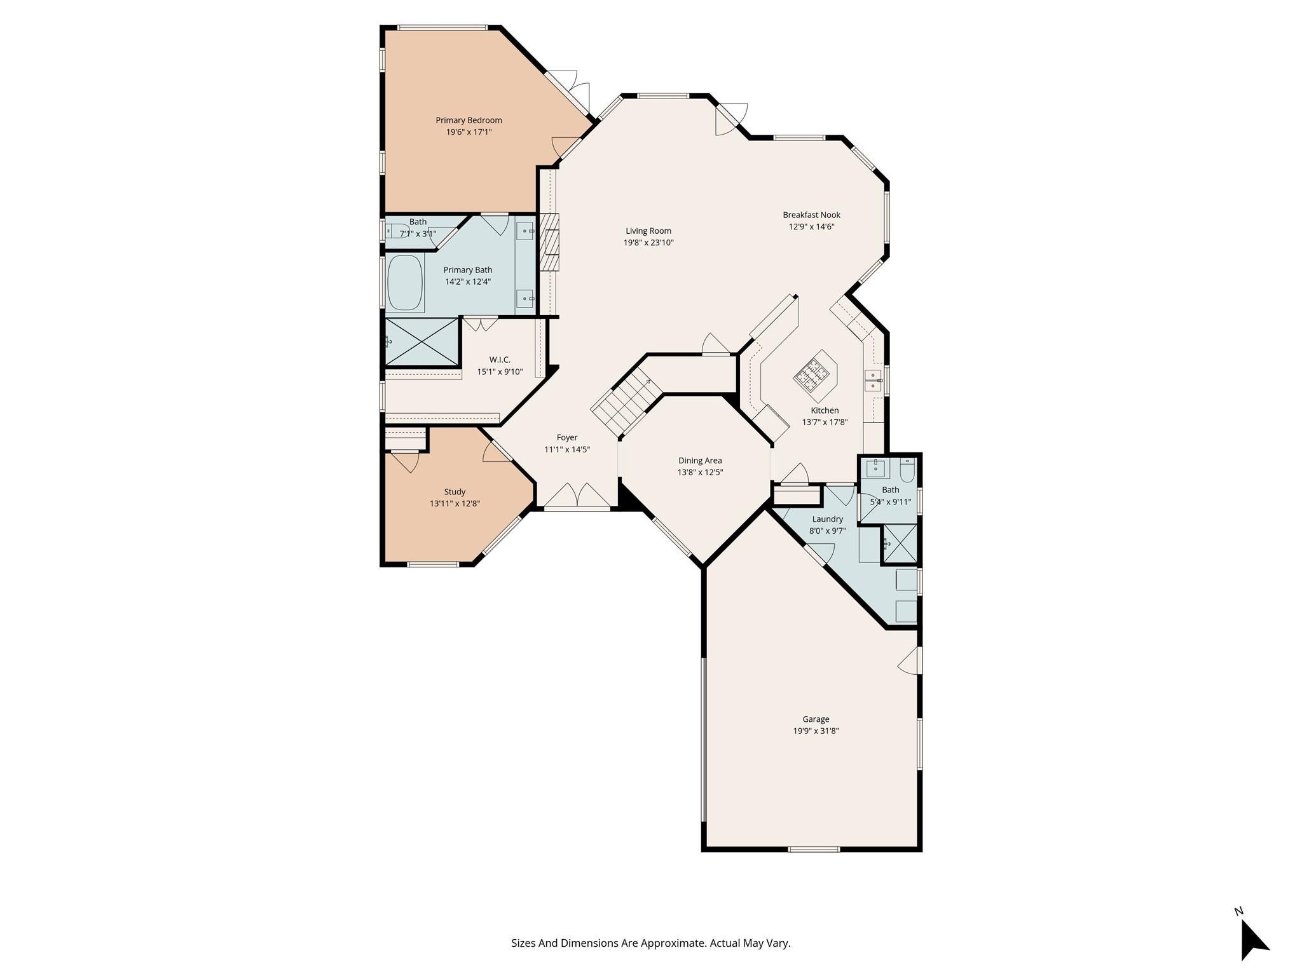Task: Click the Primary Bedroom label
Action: [469, 120]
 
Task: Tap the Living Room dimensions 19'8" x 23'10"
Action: [648, 243]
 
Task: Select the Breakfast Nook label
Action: [811, 215]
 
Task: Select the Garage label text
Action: [816, 719]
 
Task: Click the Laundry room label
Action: [827, 519]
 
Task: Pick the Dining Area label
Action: [700, 461]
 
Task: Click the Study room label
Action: [455, 492]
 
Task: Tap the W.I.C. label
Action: [500, 360]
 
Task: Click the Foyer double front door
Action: [577, 497]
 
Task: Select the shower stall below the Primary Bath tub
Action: [421, 342]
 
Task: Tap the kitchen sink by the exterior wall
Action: [874, 380]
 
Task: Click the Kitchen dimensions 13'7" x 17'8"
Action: [825, 422]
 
